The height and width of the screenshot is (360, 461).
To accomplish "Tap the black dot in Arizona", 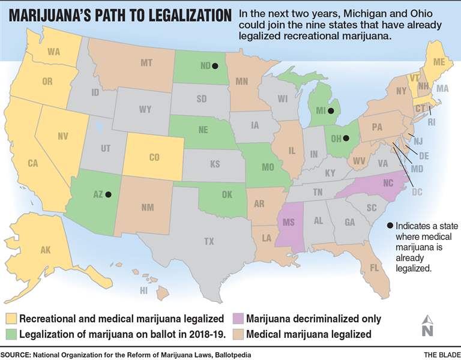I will pyautogui.click(x=109, y=194).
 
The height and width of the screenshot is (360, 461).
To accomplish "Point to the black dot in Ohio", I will pyautogui.click(x=347, y=139).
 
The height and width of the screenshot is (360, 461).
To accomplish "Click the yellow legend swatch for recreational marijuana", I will pyautogui.click(x=10, y=319).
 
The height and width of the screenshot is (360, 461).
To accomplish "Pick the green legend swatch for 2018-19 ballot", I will pyautogui.click(x=10, y=334).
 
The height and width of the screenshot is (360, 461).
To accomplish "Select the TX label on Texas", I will pyautogui.click(x=208, y=242).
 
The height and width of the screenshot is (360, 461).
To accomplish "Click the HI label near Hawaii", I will pyautogui.click(x=143, y=290).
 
